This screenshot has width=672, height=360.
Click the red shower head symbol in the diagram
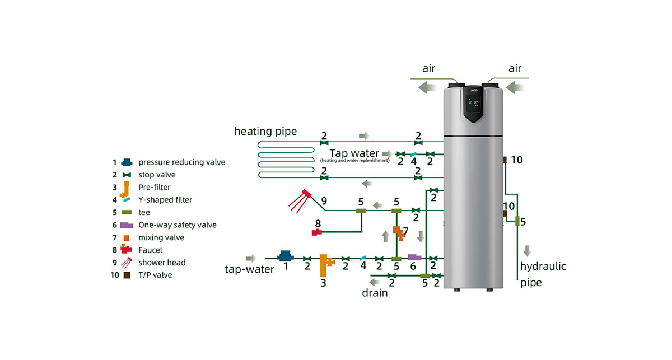coord(301,199)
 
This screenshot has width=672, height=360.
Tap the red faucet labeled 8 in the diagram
coord(318,231)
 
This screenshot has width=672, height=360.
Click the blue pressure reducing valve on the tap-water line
coord(285,256)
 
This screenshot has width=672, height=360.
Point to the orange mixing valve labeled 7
coord(398,231)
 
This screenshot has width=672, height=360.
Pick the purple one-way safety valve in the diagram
coord(414,257)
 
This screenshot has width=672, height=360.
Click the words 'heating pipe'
coord(265,132)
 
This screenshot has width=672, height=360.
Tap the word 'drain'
coord(374,292)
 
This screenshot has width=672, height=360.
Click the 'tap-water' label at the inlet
coord(249,269)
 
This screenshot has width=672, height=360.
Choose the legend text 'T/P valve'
coord(156,275)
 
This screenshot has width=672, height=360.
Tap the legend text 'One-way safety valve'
coord(178,225)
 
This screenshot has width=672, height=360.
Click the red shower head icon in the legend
coord(127,262)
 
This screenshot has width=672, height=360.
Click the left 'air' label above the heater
coord(430,69)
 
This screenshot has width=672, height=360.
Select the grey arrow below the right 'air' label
coord(516,87)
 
